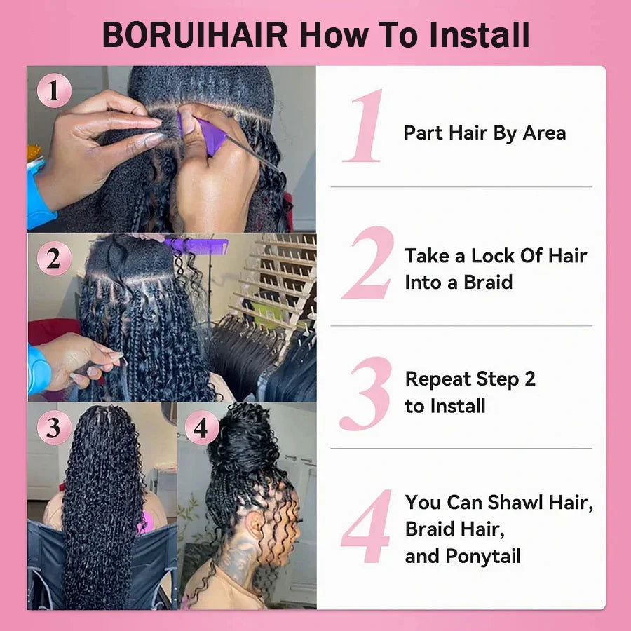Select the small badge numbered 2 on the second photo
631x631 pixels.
click(x=54, y=259)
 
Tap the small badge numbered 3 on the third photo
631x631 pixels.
click(x=54, y=427)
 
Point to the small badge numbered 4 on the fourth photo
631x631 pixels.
click(x=201, y=427)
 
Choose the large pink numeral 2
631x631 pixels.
click(x=367, y=263)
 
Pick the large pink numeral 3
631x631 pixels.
click(x=365, y=393)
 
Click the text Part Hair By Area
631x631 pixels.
click(x=484, y=133)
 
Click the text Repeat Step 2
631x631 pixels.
click(x=470, y=379)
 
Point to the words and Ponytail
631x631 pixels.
click(x=463, y=557)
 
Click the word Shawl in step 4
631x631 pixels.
click(x=515, y=503)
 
